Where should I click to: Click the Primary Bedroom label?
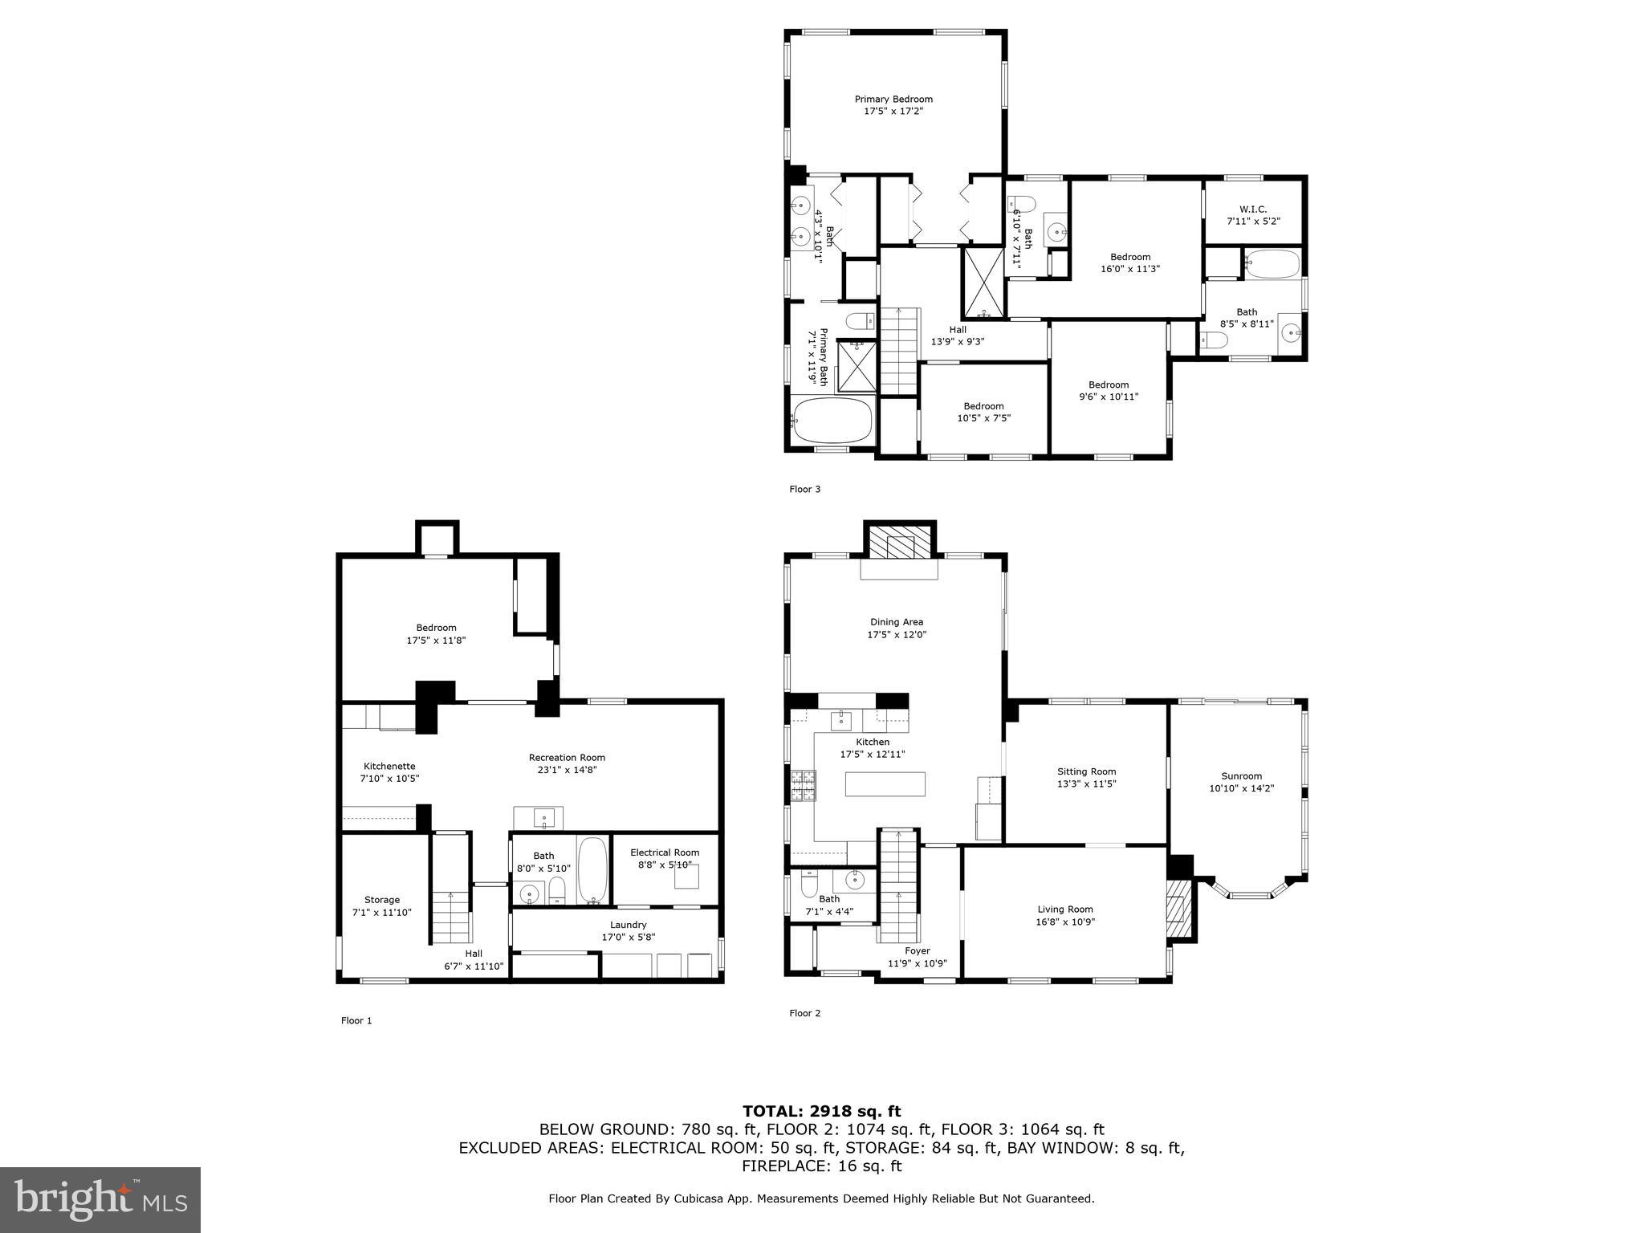click(893, 100)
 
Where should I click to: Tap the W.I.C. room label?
click(1252, 210)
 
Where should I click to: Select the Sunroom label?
click(1241, 776)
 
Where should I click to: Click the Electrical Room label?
click(665, 853)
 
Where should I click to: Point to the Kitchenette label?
click(389, 766)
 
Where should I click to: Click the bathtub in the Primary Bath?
click(832, 420)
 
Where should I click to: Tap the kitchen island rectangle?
click(885, 783)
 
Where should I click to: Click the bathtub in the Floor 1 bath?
click(593, 870)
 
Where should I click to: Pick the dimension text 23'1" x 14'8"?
click(567, 770)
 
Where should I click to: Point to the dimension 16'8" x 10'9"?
click(1064, 922)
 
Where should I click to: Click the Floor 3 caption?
click(804, 489)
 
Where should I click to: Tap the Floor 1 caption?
click(356, 1021)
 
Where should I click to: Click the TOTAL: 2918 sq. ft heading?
click(821, 1111)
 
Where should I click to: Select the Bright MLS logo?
click(100, 1199)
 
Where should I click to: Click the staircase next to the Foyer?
click(898, 887)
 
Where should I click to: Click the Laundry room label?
click(628, 925)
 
